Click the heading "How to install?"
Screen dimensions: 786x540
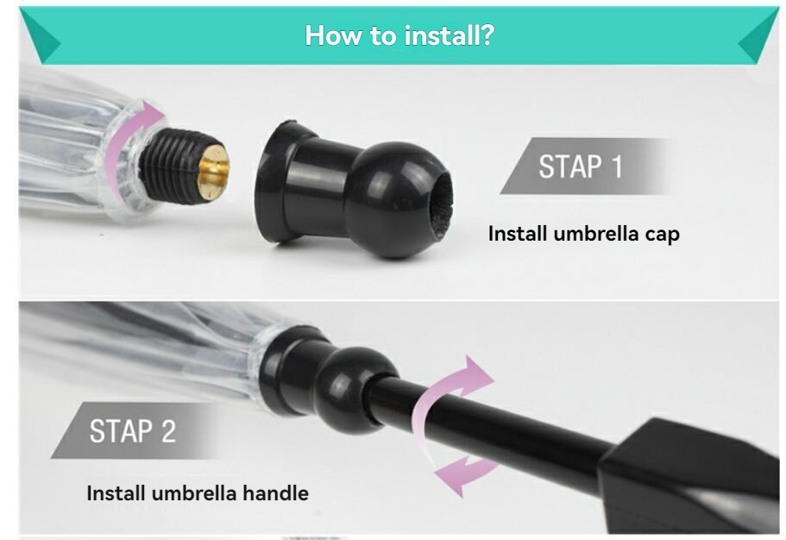399,35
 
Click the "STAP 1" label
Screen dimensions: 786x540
580,166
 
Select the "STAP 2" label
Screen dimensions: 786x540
132,430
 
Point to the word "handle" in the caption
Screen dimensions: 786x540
276,493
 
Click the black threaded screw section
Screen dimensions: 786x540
172,165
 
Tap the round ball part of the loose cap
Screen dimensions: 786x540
396,199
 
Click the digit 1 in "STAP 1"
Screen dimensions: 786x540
617,166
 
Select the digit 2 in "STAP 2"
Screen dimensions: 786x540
169,430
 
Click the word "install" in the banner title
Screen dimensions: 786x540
440,35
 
